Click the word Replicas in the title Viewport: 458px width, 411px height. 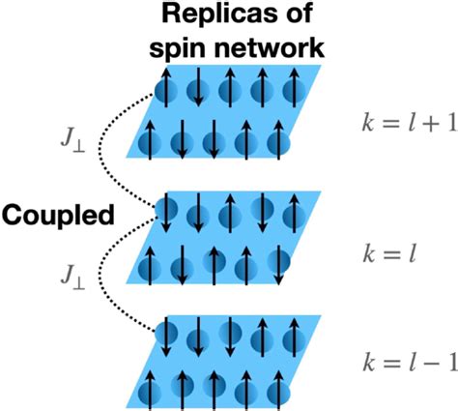pyautogui.click(x=221, y=15)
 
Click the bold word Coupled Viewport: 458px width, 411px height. pyautogui.click(x=58, y=216)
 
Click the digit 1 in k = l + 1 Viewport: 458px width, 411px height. pyautogui.click(x=452, y=123)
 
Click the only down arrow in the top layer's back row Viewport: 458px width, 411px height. pyautogui.click(x=198, y=86)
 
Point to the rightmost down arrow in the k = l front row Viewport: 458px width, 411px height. pyautogui.click(x=279, y=265)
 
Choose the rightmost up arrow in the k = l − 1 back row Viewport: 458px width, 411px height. pyautogui.click(x=295, y=338)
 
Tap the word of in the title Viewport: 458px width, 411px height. pyautogui.click(x=299, y=15)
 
